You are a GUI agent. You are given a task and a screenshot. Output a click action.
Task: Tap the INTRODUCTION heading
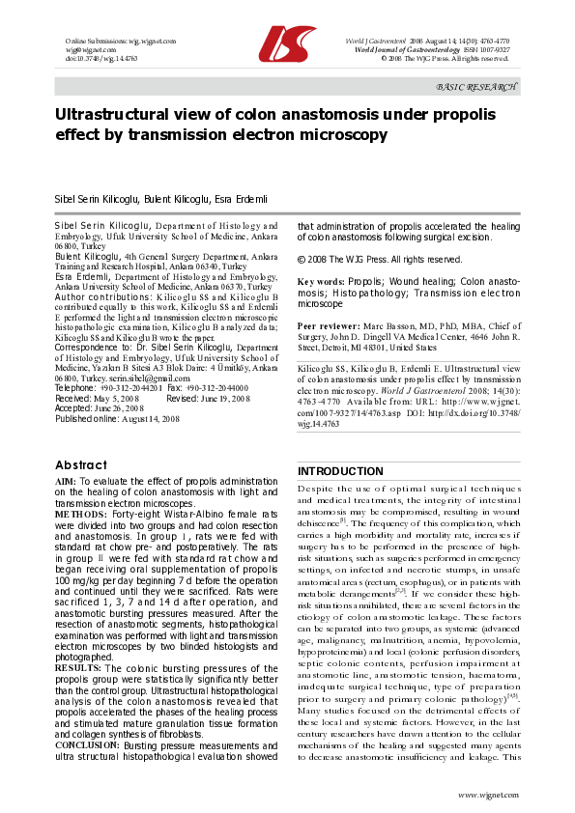[x=339, y=471]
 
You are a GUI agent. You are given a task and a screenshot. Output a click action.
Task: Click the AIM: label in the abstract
[x=66, y=480]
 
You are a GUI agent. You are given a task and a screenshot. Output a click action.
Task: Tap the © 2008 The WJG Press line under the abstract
[x=365, y=260]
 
